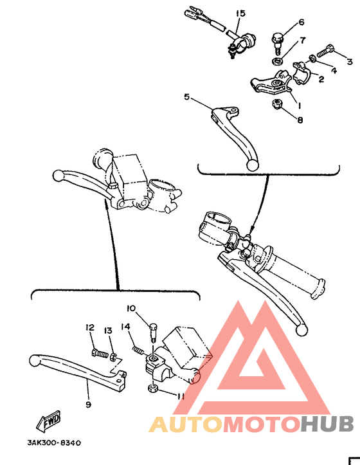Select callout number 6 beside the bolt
[x=301, y=24]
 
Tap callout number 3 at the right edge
[x=350, y=62]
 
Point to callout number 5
[x=186, y=98]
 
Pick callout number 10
[x=130, y=307]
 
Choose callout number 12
[x=89, y=328]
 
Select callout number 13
[x=108, y=330]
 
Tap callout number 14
[x=127, y=327]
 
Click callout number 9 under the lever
[x=88, y=405]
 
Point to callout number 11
[x=181, y=397]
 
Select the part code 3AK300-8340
[x=54, y=442]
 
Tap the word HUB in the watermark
[x=327, y=424]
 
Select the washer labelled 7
[x=276, y=61]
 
